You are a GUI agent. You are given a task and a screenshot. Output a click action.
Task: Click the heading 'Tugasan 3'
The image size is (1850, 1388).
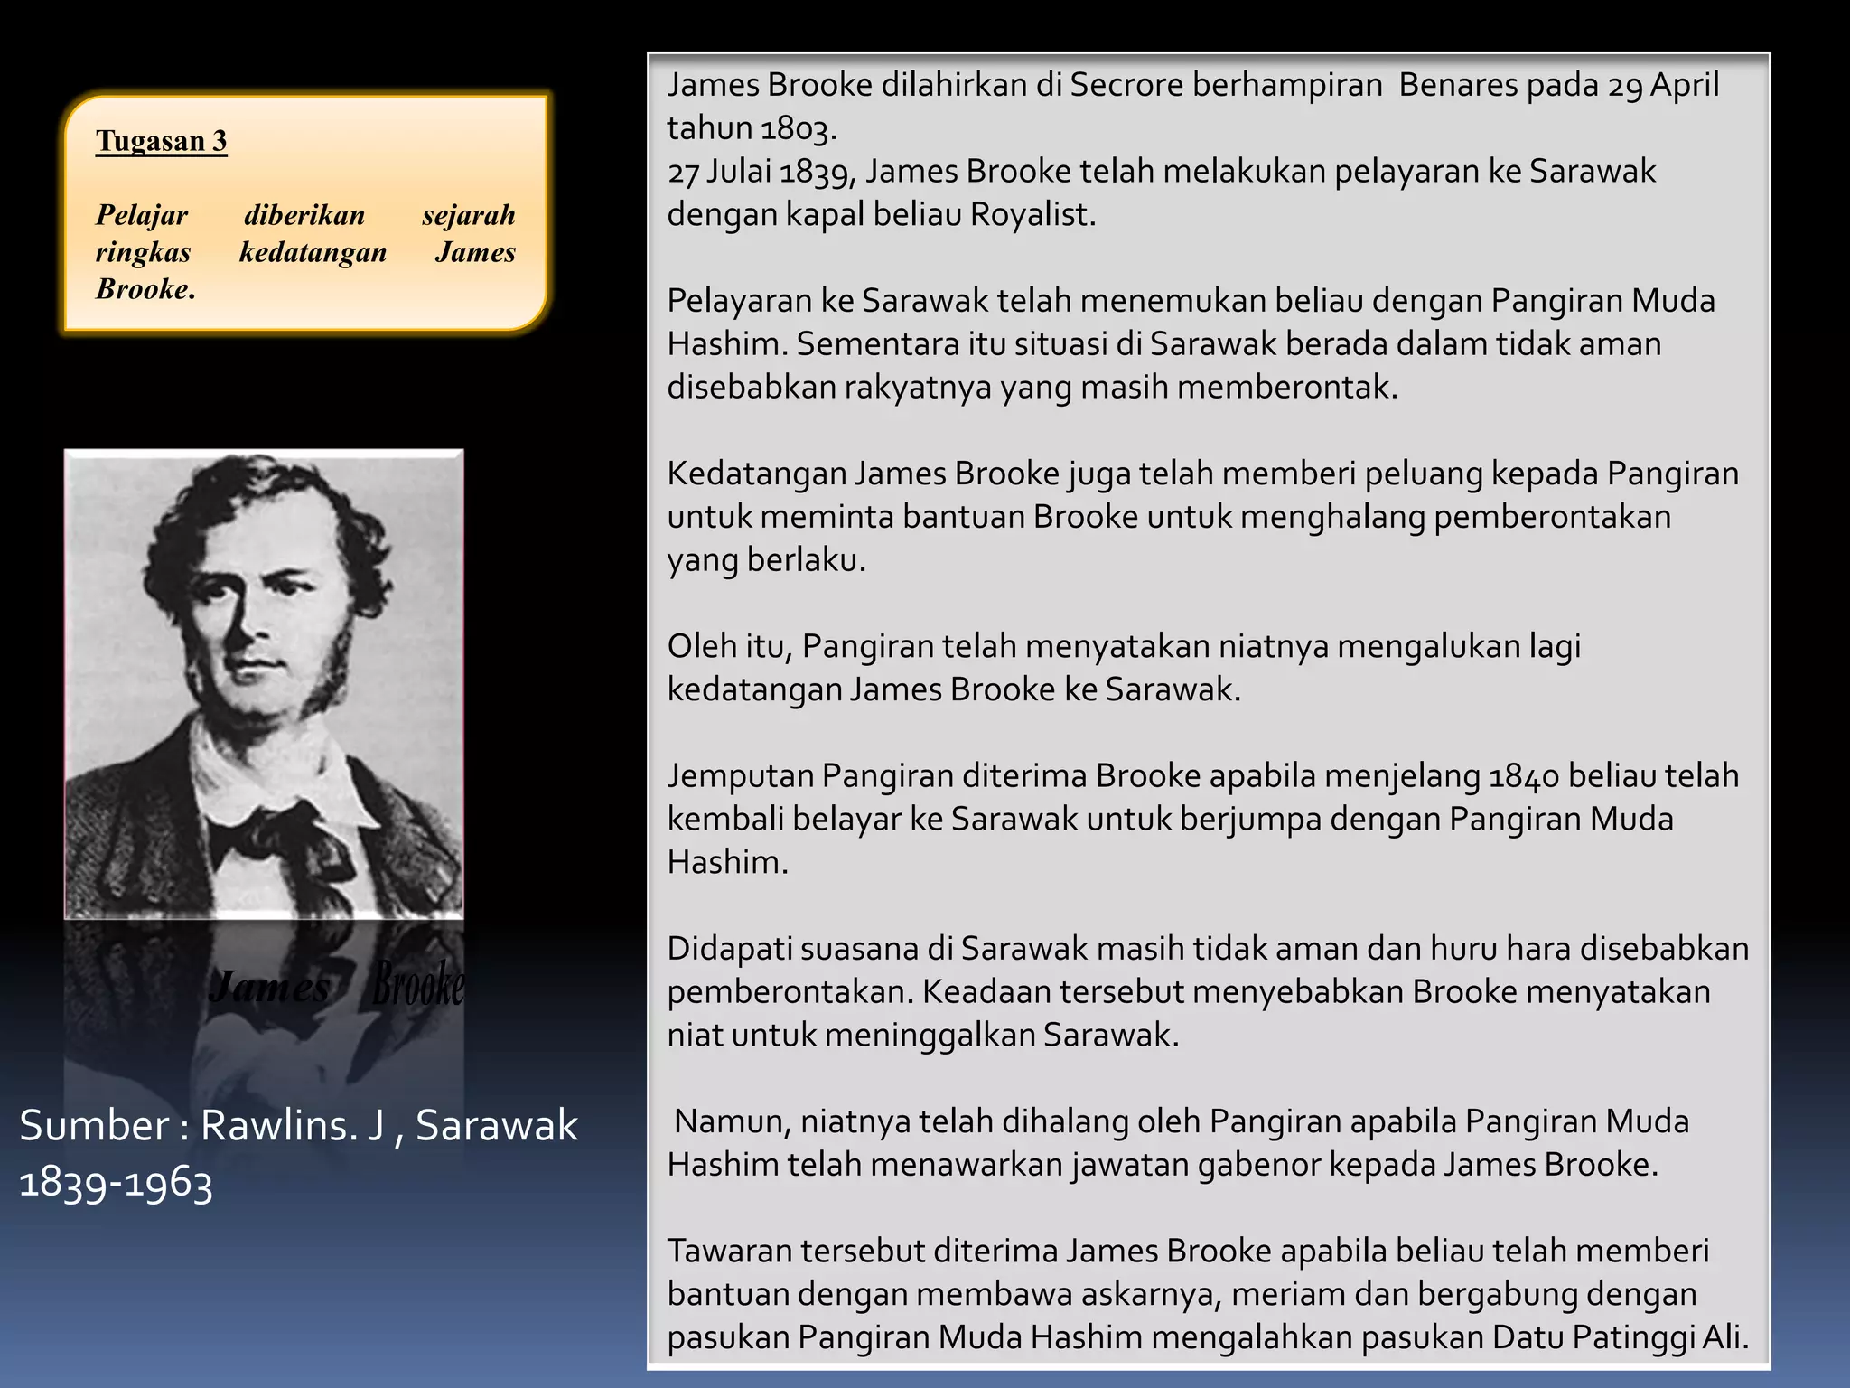pos(161,141)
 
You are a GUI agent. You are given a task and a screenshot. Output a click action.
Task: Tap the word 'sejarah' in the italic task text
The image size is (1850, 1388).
pos(468,215)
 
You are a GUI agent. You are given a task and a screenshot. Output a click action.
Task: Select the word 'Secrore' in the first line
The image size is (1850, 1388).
pos(1126,84)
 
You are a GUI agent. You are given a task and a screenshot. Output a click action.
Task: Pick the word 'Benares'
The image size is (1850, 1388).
pos(1464,84)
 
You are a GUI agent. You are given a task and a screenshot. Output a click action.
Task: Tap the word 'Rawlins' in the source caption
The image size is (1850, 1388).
pos(275,1126)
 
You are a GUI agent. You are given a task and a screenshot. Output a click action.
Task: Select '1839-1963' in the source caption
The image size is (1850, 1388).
pos(116,1182)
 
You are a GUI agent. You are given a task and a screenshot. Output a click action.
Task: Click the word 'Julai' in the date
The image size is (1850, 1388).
pos(738,171)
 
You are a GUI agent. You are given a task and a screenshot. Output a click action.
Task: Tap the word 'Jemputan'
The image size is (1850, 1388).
pos(740,775)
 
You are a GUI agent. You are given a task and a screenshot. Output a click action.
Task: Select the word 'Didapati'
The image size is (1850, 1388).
pos(729,948)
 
